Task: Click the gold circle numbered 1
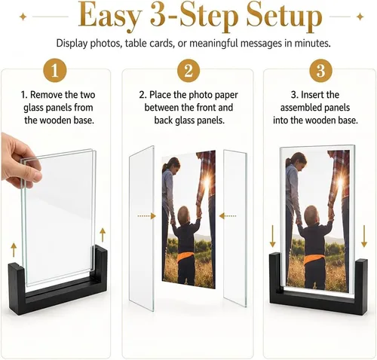pyautogui.click(x=55, y=70)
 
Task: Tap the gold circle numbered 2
pyautogui.click(x=188, y=70)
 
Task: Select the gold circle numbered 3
pyautogui.click(x=320, y=70)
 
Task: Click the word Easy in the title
pyautogui.click(x=109, y=17)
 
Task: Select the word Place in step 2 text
pyautogui.click(x=160, y=95)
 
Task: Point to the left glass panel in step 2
pyautogui.click(x=142, y=228)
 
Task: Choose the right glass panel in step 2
pyautogui.click(x=235, y=228)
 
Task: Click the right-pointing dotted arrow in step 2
pyautogui.click(x=147, y=216)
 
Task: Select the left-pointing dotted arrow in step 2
pyautogui.click(x=228, y=216)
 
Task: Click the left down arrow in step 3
pyautogui.click(x=273, y=236)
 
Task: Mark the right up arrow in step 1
pyautogui.click(x=103, y=235)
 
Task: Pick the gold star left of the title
pyautogui.click(x=23, y=17)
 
